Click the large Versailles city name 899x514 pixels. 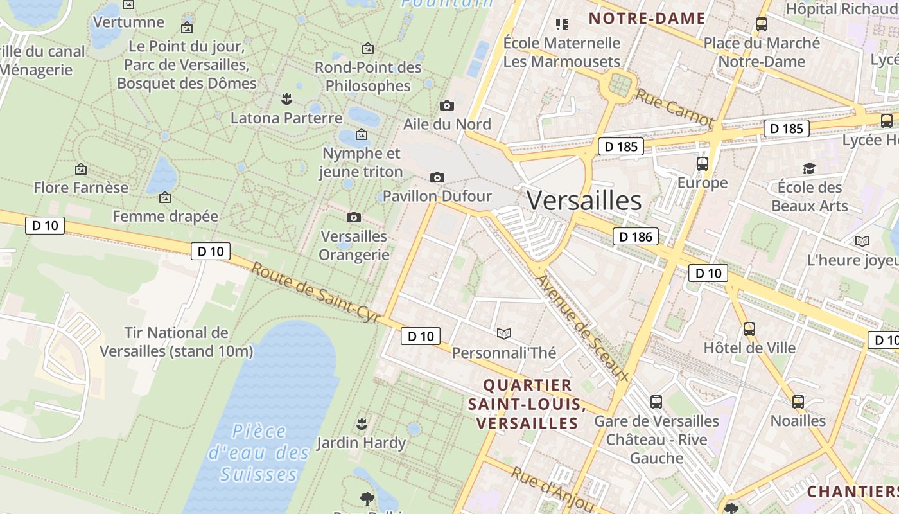tap(584, 201)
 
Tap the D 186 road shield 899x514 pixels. tap(636, 236)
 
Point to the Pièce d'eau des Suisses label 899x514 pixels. tap(259, 452)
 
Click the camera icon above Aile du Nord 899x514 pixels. tap(447, 105)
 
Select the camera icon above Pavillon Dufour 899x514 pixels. tap(437, 177)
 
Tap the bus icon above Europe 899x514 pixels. tap(703, 164)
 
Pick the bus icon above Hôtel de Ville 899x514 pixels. tap(749, 329)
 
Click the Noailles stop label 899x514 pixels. tap(798, 421)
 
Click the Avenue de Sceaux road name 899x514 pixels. tap(582, 327)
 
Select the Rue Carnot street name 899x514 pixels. tap(674, 107)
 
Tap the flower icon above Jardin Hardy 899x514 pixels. tap(362, 423)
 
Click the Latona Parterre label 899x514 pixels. tap(286, 118)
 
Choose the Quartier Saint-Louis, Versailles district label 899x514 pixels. tap(527, 404)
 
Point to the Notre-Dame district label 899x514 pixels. tap(647, 19)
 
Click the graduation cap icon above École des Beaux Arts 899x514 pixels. tap(809, 168)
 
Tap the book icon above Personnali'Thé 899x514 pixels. tap(504, 333)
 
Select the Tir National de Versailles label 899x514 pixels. tap(177, 342)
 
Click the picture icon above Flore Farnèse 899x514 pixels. tap(81, 169)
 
